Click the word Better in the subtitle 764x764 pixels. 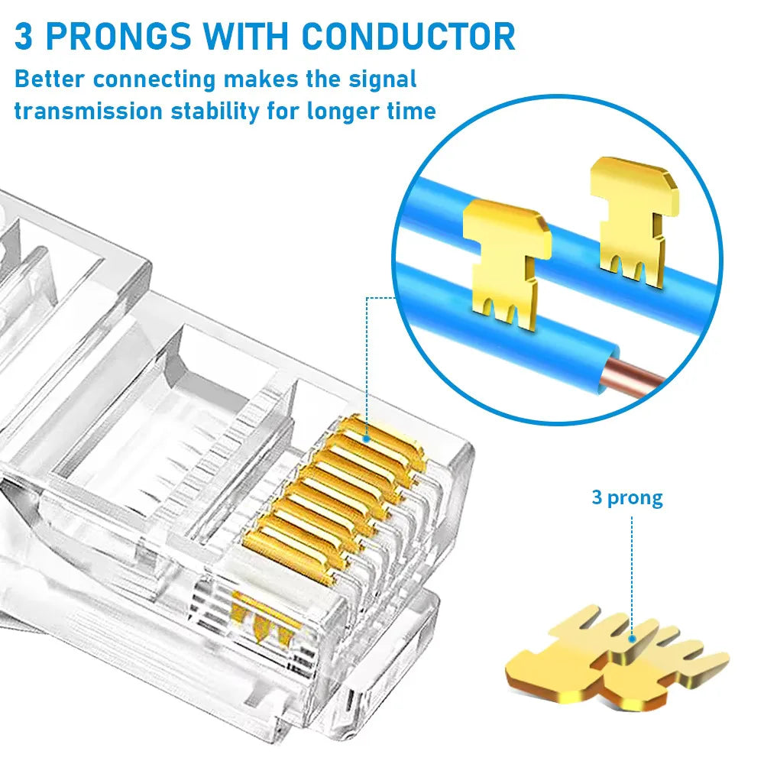click(x=50, y=79)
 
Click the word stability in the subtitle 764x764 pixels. click(x=216, y=112)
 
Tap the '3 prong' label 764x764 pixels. click(x=626, y=498)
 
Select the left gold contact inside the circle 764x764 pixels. click(x=506, y=260)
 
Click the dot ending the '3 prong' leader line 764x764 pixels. click(x=633, y=639)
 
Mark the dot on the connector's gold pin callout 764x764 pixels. click(x=367, y=439)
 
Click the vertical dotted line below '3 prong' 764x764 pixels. click(x=632, y=573)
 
